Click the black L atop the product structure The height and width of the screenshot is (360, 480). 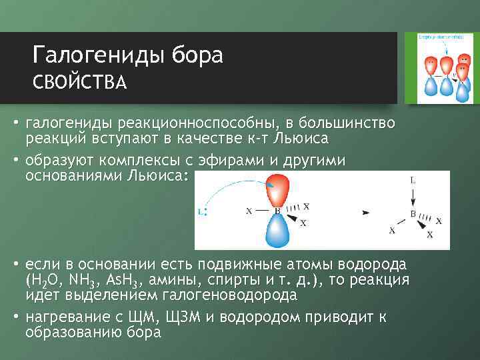(x=413, y=181)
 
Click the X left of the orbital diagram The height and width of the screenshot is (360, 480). (x=249, y=211)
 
